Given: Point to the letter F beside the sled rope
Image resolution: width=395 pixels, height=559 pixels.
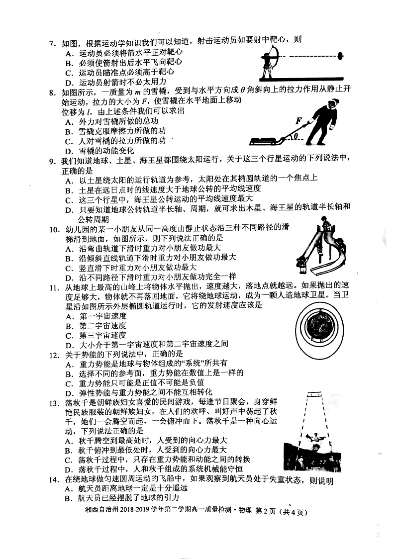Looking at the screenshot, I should pyautogui.click(x=297, y=121).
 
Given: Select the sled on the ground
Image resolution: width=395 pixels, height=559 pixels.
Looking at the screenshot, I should pyautogui.click(x=266, y=140).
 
